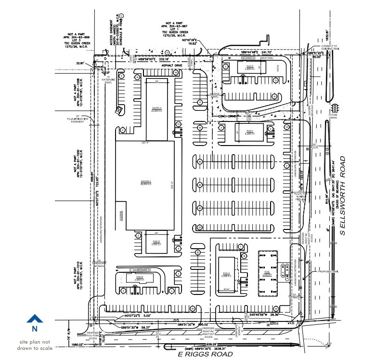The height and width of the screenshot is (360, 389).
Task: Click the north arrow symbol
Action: [x=34, y=319]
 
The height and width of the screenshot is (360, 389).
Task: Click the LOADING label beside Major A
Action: [x=118, y=214]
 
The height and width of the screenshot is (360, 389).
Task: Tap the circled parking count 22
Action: [x=197, y=253]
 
